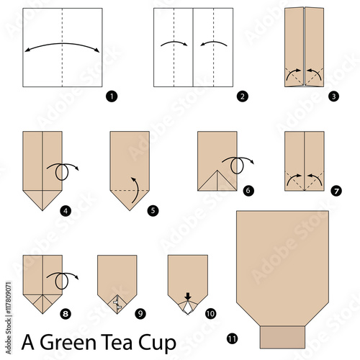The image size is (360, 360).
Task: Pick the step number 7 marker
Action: point(336,192)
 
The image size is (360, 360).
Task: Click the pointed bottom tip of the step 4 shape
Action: point(42,210)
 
